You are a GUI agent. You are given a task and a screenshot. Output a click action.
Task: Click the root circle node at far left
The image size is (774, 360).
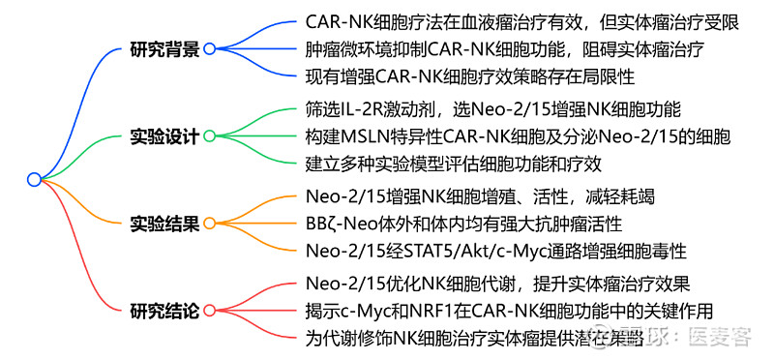pos(34,179)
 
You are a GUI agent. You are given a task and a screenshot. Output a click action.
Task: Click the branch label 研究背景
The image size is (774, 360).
pos(164,47)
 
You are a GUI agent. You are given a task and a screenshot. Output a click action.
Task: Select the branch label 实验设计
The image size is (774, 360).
pos(164,135)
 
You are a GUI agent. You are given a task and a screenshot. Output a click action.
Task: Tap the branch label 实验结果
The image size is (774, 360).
pos(164,224)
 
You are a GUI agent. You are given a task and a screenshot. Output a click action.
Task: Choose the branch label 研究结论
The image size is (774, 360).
pos(164,312)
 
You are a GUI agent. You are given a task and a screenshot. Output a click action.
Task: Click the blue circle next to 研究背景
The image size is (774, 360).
pos(209,47)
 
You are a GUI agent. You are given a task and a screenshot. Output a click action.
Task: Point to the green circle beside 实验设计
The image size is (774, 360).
pos(209,135)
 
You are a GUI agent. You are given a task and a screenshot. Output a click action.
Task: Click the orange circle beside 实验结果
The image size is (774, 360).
pos(209,224)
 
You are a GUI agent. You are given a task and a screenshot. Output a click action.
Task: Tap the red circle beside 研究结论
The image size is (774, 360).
pos(209,312)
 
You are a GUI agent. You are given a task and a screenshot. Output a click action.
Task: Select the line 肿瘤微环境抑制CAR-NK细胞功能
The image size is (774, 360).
pos(503,47)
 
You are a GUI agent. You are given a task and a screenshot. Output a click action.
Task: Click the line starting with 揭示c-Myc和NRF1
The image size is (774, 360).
pos(509,312)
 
